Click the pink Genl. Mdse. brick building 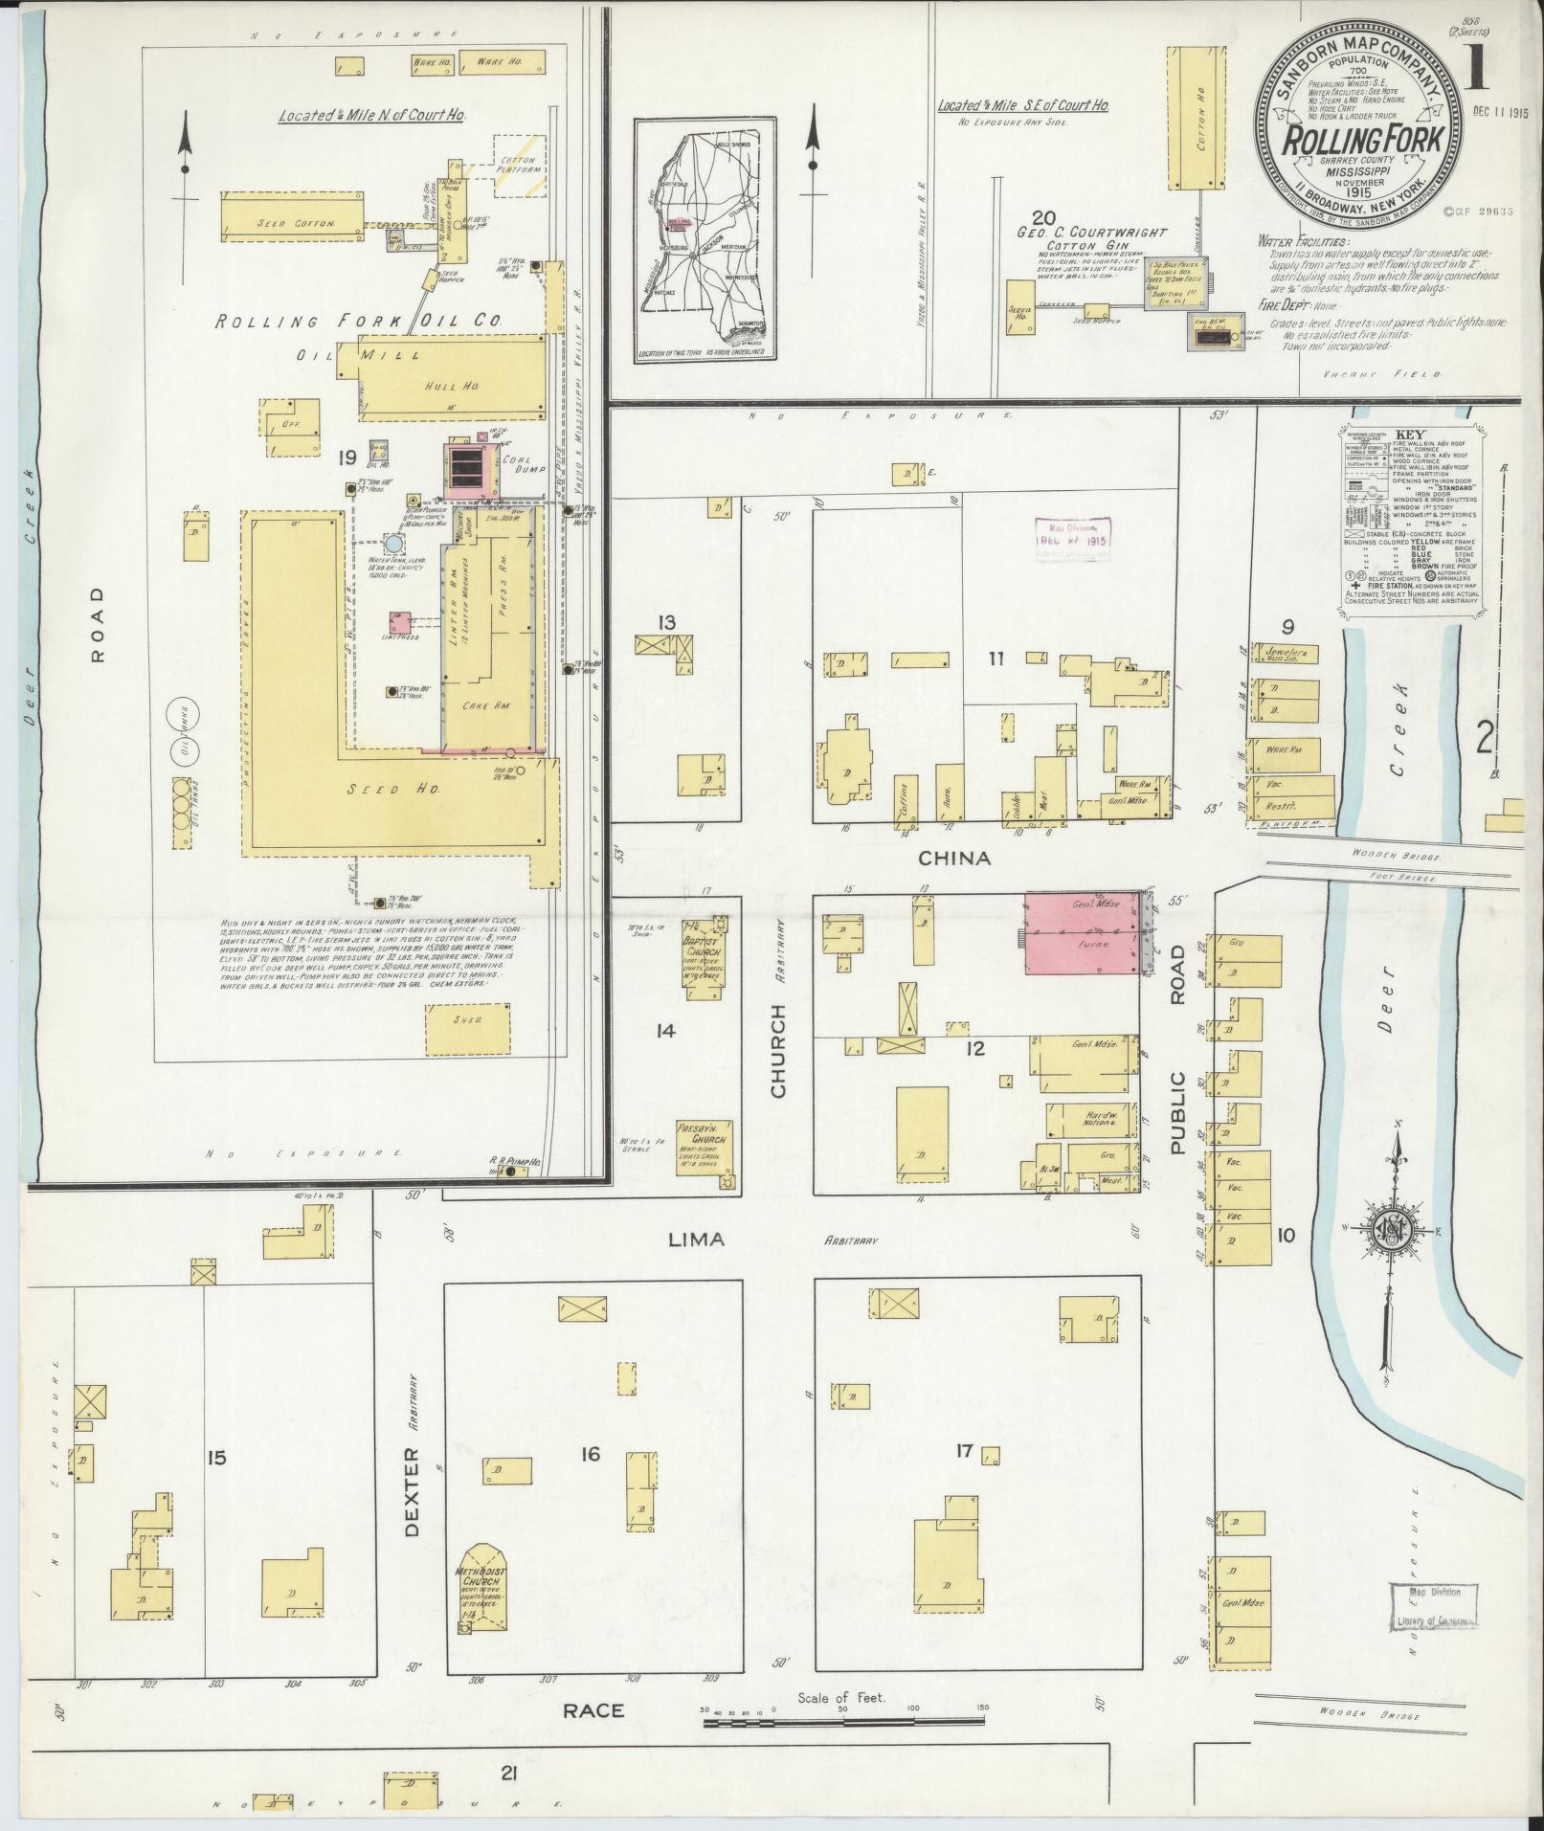click(1082, 934)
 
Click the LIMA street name click(695, 1239)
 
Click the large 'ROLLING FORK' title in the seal click(1363, 141)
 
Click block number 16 click(590, 1481)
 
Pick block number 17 click(963, 1478)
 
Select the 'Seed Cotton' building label click(296, 223)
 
